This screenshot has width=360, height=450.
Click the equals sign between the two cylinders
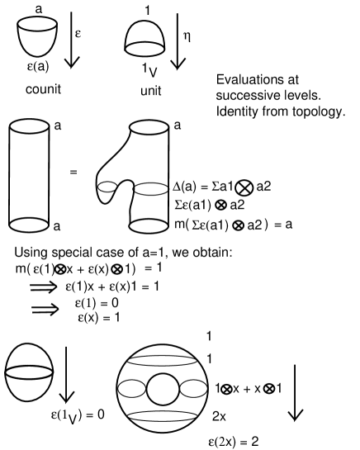click(x=74, y=173)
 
